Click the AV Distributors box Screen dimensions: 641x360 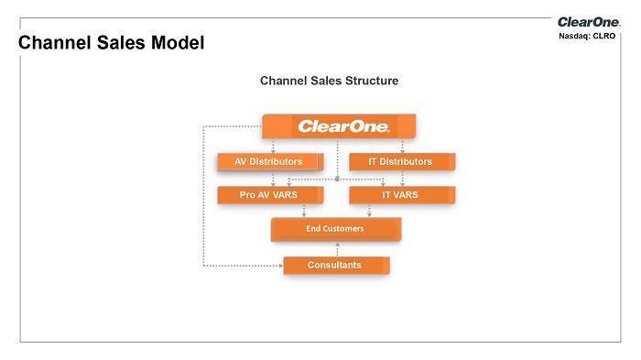[x=270, y=161]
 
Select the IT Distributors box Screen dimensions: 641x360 [x=402, y=161]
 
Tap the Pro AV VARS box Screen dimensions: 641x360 [x=270, y=195]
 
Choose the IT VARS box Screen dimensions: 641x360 [x=402, y=195]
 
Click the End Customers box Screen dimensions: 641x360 [x=336, y=229]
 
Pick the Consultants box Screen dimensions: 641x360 [x=336, y=265]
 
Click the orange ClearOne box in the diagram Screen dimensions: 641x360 [x=339, y=126]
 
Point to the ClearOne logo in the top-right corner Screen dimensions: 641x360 [x=589, y=22]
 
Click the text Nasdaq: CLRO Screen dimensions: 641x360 [x=587, y=36]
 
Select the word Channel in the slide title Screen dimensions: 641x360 [x=54, y=42]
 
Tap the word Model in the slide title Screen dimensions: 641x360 [x=178, y=42]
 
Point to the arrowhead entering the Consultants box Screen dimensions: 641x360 [x=281, y=266]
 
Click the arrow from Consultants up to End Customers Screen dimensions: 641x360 [x=337, y=249]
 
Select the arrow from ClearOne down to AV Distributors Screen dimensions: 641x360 [x=273, y=146]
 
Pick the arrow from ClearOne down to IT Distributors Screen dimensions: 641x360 [x=402, y=146]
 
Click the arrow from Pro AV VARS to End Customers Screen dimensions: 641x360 [x=304, y=211]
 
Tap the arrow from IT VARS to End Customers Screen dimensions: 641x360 [x=369, y=211]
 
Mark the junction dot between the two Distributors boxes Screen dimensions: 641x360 [x=337, y=180]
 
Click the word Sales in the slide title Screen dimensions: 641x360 [x=121, y=42]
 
